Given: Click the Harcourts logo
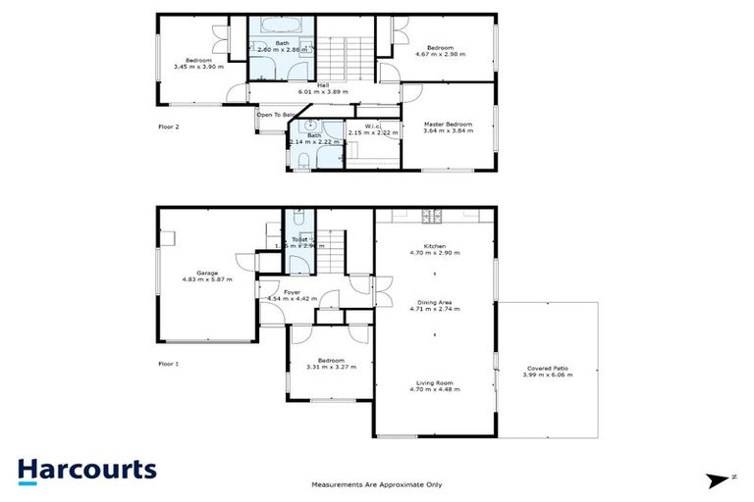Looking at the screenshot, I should [86, 469].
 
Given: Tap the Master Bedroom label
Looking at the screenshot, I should [448, 125].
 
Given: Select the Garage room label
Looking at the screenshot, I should [206, 274].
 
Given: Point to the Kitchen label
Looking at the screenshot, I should [435, 246].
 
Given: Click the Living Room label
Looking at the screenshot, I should [435, 382].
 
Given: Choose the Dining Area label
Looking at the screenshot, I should [435, 303].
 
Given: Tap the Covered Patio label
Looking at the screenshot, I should [547, 368].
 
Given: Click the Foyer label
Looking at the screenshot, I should [293, 291].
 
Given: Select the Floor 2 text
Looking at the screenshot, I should [170, 127].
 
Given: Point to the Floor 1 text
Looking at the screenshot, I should [170, 364].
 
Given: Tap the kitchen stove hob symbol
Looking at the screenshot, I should [429, 216].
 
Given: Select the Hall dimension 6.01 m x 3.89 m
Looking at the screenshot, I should [323, 92].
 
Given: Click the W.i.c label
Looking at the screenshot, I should [372, 125].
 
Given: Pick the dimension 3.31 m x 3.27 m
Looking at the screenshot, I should [331, 368].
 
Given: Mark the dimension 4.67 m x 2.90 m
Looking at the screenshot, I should [439, 54].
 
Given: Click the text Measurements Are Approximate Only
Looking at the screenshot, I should [377, 484].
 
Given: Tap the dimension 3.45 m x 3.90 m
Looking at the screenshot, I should [198, 67].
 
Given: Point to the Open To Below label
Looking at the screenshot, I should [275, 115].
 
